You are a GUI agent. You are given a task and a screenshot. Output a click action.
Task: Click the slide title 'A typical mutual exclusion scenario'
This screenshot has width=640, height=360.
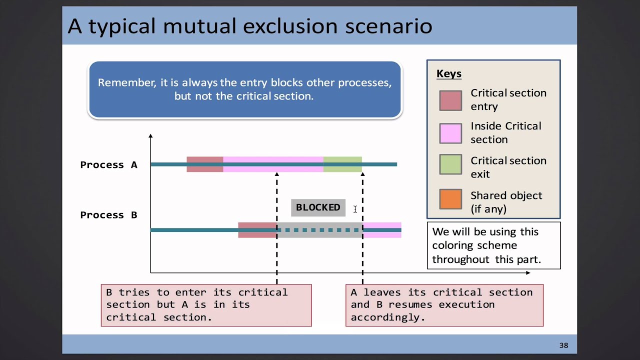tap(250, 26)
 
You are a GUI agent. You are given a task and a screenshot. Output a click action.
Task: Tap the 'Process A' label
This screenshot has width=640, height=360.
tap(108, 165)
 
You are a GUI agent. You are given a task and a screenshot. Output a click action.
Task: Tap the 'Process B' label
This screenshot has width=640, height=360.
tap(108, 215)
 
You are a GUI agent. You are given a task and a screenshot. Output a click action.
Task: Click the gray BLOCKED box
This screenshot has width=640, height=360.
tap(318, 207)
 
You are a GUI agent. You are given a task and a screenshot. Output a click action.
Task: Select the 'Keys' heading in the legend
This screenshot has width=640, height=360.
tap(448, 74)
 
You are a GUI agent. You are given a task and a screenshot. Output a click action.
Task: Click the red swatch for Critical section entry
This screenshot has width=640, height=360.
tap(450, 100)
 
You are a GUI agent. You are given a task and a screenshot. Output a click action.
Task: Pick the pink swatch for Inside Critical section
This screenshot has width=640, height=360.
tap(450, 133)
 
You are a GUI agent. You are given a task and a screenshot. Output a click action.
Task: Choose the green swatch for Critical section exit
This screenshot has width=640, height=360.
tap(450, 164)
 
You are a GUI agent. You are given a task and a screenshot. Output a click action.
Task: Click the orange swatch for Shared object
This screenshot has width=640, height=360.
tap(450, 198)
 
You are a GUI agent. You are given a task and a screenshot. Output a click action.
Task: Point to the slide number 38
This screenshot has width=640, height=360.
tap(563, 345)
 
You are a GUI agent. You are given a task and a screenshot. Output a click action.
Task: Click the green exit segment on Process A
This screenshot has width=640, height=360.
tap(342, 164)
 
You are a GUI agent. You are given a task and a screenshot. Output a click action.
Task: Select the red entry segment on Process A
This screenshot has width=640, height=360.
tap(204, 164)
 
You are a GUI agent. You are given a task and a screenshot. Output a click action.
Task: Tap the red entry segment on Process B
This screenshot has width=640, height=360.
tap(257, 230)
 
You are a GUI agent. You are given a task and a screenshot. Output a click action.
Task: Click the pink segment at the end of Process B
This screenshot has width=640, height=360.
tap(382, 230)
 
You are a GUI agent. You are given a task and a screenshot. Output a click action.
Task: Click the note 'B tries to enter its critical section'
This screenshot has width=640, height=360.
tap(206, 304)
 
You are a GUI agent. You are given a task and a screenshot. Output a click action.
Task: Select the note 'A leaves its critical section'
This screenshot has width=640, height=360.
tap(444, 304)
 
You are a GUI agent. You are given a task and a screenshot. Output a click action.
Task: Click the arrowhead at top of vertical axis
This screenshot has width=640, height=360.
tap(150, 135)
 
